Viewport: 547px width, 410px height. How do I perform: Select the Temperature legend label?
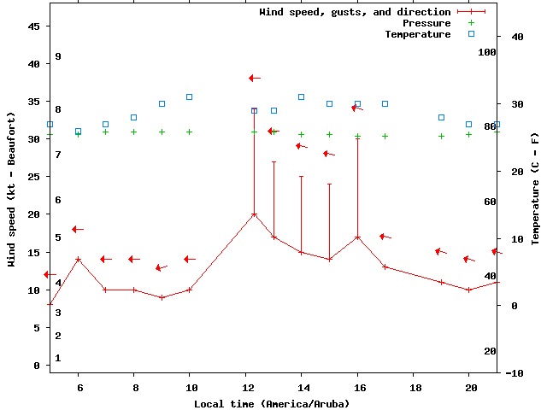(417, 34)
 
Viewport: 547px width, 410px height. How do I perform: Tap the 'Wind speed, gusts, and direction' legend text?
(355, 12)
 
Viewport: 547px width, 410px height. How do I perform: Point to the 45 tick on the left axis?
(34, 26)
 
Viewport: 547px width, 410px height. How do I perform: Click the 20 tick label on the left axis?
(34, 214)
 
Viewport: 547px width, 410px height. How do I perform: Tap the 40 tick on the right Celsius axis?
(517, 37)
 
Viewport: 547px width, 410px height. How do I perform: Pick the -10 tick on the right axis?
(515, 373)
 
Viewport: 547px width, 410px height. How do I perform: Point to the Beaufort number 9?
(58, 56)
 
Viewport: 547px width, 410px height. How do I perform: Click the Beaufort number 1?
(58, 358)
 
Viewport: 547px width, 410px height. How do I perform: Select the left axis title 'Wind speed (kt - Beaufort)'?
(12, 190)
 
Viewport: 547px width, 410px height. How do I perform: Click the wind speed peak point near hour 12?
(254, 214)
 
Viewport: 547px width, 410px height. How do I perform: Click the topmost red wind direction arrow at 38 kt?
(254, 78)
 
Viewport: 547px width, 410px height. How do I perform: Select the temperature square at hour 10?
(190, 97)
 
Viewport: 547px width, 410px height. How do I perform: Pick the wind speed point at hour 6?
(78, 260)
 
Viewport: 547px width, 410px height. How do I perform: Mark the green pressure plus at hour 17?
(385, 136)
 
